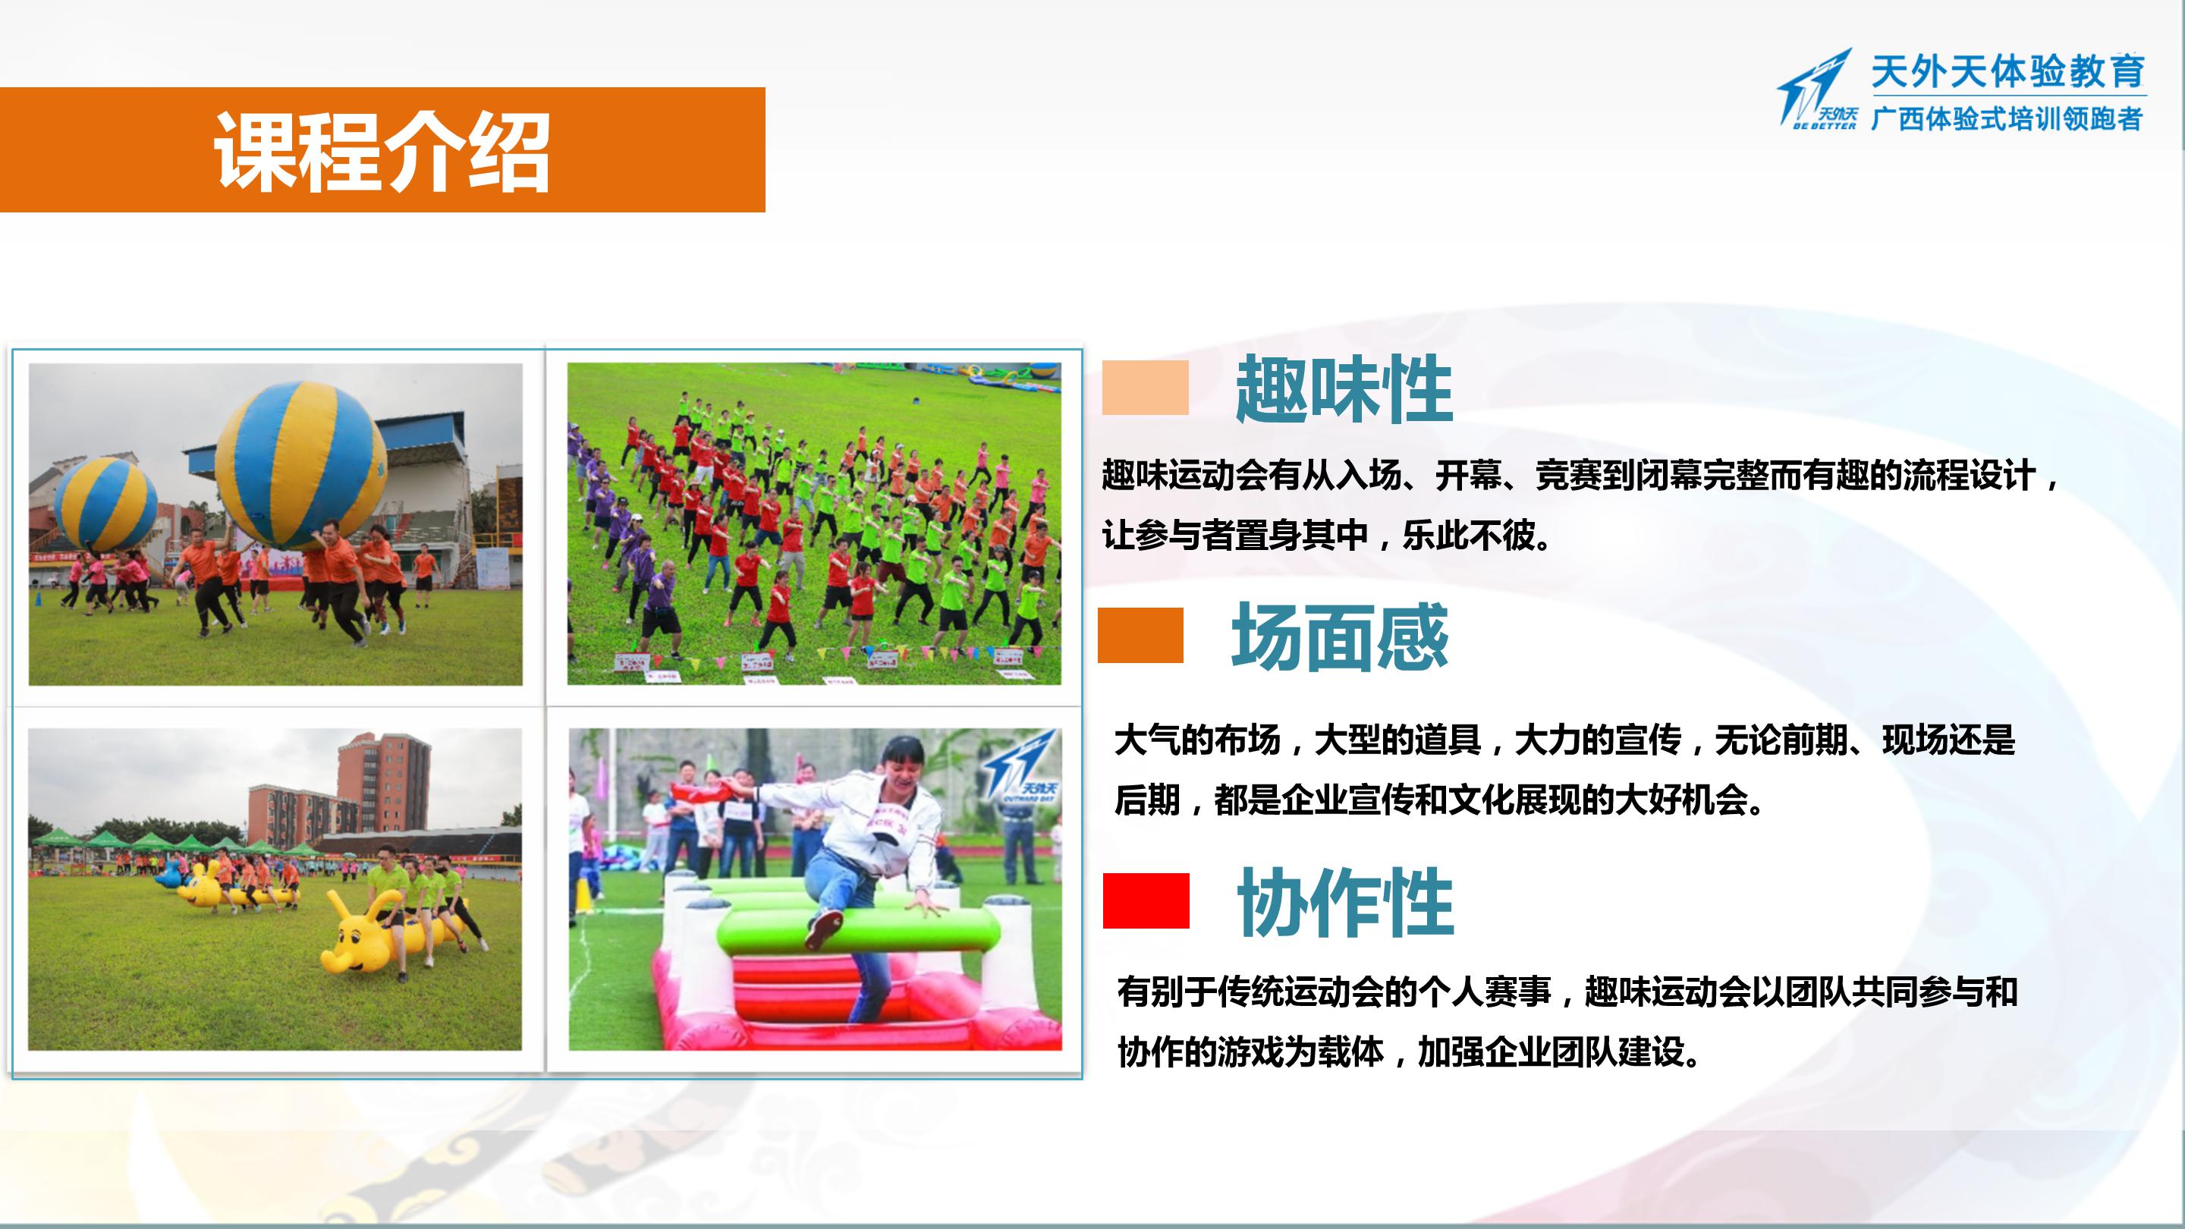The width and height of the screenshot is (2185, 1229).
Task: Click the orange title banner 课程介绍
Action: [x=382, y=149]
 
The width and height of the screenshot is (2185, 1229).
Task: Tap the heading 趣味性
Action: [x=1344, y=389]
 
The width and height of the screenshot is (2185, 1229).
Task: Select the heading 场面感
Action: [x=1339, y=637]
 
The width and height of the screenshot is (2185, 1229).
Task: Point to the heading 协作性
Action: [x=1345, y=903]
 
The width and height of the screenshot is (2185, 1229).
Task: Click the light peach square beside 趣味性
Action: [x=1145, y=388]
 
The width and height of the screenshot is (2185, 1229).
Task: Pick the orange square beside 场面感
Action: [x=1140, y=635]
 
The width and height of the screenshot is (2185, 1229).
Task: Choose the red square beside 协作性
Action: [x=1146, y=901]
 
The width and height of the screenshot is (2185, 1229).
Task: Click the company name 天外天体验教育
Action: [x=2007, y=71]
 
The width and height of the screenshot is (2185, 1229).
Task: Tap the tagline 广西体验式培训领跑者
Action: [x=2007, y=119]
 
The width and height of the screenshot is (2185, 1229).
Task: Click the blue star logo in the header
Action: [x=1818, y=89]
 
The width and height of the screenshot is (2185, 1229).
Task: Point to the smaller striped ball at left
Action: [x=106, y=504]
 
